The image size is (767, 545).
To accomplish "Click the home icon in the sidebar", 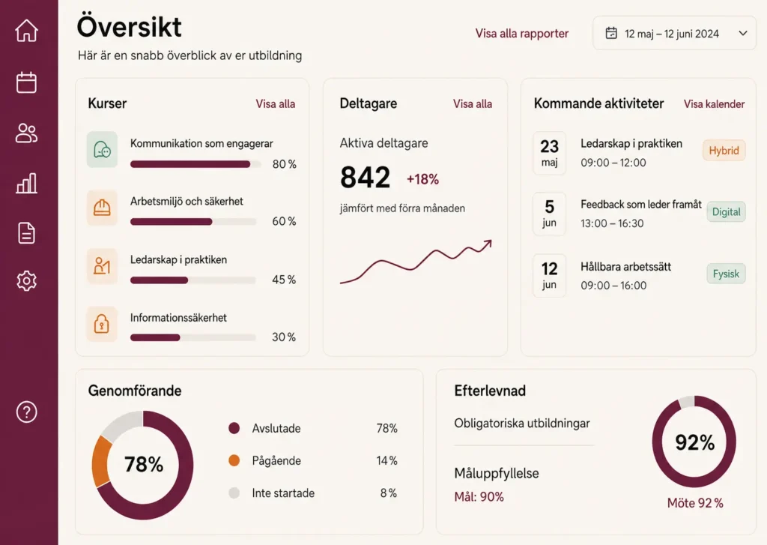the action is (26, 30).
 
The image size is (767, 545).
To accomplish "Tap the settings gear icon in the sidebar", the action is (26, 281).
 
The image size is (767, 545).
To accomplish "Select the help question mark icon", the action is (26, 412).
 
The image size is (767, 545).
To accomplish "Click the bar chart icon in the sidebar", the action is (26, 183).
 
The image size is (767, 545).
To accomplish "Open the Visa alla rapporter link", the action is (522, 33).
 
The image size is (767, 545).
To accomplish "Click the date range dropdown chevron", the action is (743, 33).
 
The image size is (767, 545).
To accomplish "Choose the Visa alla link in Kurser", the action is (276, 103).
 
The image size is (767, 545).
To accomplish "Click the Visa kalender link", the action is (714, 103).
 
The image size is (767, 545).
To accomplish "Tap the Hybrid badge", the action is (724, 151).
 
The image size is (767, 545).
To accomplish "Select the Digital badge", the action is (726, 212).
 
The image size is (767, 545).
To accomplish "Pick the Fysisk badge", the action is (726, 274).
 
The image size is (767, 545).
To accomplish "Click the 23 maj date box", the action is (549, 153).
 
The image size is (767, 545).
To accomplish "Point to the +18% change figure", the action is (422, 179).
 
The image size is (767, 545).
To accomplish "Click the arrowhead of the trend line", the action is (488, 244).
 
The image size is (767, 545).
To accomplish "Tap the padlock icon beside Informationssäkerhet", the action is (102, 324).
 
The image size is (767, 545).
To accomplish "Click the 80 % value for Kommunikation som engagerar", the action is (284, 164).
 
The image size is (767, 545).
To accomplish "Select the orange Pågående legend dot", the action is (234, 460).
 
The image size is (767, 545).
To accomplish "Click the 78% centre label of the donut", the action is (143, 464).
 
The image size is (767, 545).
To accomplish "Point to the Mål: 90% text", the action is (479, 497).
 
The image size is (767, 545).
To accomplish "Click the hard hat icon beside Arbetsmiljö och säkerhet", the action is (102, 208).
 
